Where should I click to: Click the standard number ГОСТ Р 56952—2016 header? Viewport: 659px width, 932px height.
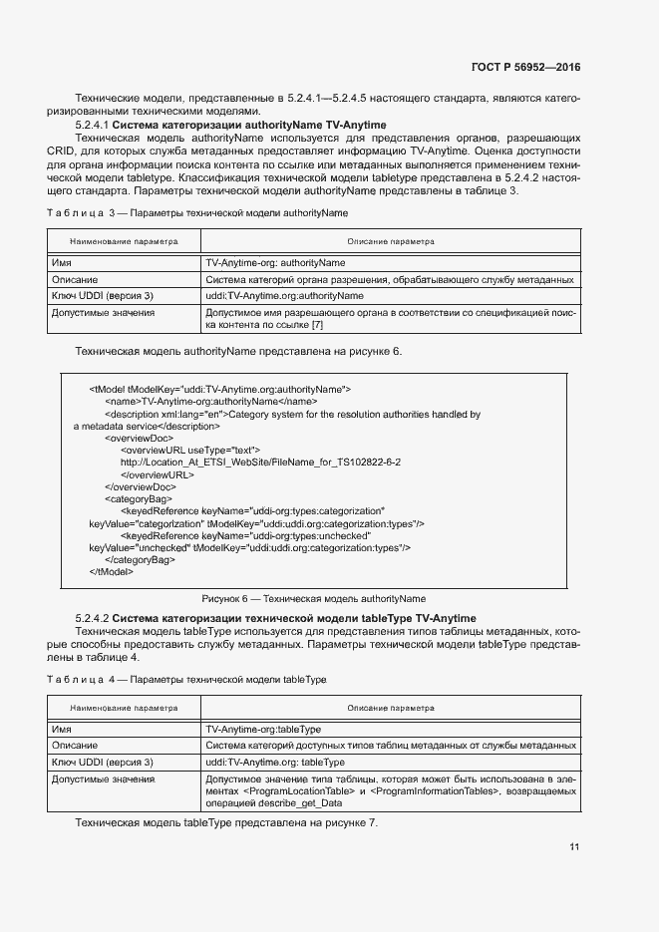[x=525, y=67]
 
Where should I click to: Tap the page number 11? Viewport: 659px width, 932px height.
[x=574, y=847]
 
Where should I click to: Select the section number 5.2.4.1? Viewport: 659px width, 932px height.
[x=92, y=125]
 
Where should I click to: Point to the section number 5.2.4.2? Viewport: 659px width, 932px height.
[x=92, y=619]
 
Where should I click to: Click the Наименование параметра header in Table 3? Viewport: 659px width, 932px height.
[x=124, y=241]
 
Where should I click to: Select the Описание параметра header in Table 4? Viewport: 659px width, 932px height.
[x=390, y=708]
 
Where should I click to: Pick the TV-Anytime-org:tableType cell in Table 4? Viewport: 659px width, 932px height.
[x=262, y=729]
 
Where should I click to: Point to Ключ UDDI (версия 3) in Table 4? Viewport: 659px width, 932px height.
[x=102, y=762]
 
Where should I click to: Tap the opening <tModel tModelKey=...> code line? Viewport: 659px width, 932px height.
[x=219, y=389]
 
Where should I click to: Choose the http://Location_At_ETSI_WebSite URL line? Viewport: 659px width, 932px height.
[x=260, y=463]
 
